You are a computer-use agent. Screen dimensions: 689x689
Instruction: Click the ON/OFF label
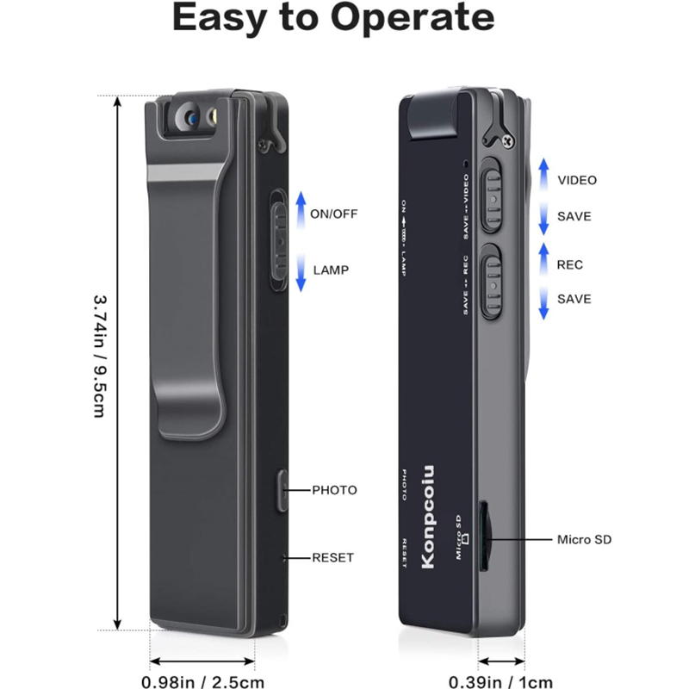pos(333,214)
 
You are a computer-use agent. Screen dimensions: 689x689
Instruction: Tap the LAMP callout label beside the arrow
pos(331,270)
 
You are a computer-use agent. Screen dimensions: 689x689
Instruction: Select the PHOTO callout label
pos(334,490)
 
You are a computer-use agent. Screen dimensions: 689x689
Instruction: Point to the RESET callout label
pos(332,557)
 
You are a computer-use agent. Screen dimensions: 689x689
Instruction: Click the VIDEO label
pos(577,180)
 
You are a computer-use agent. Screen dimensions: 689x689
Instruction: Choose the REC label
pos(570,265)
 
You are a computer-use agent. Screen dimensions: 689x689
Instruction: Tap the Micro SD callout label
pos(584,540)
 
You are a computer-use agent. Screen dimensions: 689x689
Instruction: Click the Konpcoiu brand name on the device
pos(427,517)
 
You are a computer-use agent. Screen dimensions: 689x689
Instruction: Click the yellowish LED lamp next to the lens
pos(213,117)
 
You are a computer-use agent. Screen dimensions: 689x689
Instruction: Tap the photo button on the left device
pos(282,491)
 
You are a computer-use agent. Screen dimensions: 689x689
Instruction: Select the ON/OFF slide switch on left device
pos(278,240)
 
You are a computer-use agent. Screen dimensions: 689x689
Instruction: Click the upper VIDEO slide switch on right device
pos(491,195)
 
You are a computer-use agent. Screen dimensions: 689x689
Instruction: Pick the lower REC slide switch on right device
pos(491,282)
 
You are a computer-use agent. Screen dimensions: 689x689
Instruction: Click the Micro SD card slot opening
pos(484,536)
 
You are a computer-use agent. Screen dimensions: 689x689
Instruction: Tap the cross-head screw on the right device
pos(508,141)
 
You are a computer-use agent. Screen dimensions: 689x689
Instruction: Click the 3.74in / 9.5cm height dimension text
pos(101,356)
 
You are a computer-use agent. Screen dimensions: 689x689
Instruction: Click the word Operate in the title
pos(413,18)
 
